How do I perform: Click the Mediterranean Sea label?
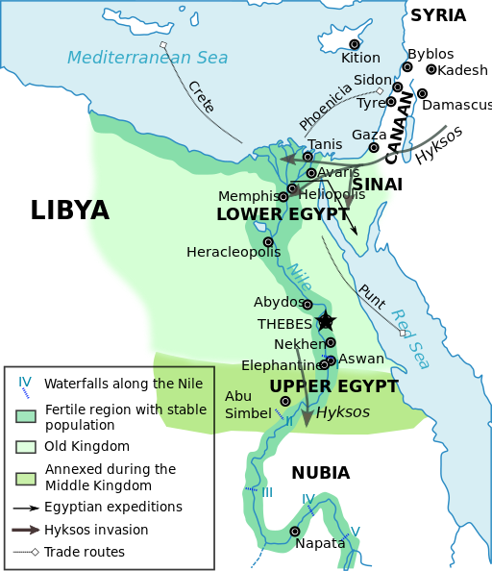[147, 58]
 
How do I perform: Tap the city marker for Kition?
[355, 44]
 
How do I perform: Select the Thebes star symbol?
[326, 321]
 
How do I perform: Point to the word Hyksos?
[342, 411]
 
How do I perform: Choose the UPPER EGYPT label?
[333, 386]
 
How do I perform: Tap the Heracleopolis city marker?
[268, 241]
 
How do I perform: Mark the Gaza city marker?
[374, 147]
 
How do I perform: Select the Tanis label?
[325, 144]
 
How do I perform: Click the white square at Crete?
[163, 45]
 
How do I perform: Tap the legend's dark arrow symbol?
[26, 529]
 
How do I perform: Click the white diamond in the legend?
[36, 552]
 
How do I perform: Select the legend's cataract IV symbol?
[25, 386]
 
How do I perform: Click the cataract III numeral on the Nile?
[266, 492]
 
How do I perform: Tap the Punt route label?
[371, 296]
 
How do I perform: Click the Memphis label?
[248, 196]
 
